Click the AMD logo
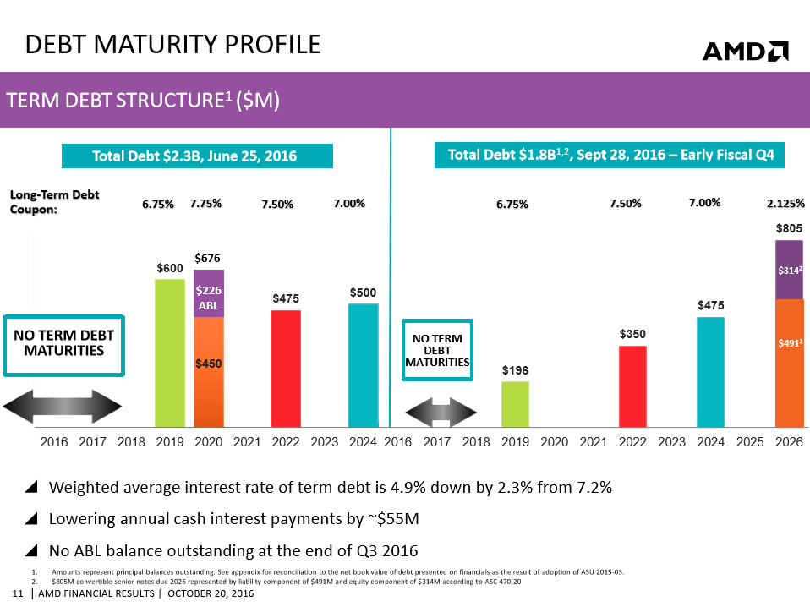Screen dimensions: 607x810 click(x=745, y=52)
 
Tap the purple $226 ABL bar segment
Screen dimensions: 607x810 click(x=208, y=293)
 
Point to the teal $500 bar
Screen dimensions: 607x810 click(x=364, y=364)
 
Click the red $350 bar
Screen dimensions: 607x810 click(x=632, y=386)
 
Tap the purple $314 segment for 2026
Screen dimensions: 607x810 click(x=789, y=270)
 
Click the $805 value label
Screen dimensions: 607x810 click(x=789, y=228)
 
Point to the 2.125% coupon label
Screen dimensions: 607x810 click(x=786, y=204)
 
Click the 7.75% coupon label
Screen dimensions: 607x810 click(x=206, y=204)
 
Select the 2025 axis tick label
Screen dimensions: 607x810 click(x=749, y=441)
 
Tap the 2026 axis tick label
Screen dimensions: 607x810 click(x=789, y=441)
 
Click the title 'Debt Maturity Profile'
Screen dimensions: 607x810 click(x=173, y=44)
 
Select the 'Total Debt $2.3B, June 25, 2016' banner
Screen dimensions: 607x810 click(x=197, y=156)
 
